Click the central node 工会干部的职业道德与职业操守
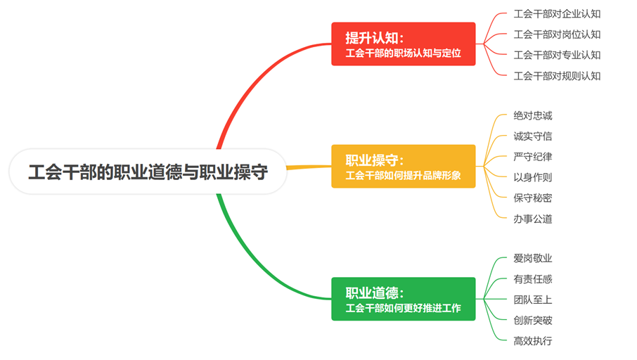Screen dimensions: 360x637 (x=148, y=172)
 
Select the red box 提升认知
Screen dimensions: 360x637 (x=403, y=44)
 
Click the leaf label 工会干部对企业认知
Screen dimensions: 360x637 (x=557, y=13)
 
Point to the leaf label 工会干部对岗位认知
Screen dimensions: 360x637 (x=557, y=34)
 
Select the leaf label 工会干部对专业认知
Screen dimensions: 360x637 (x=557, y=55)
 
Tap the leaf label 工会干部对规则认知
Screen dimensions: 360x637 (x=557, y=76)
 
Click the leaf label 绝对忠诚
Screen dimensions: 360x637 (x=533, y=115)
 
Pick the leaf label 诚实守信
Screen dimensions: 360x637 (x=533, y=136)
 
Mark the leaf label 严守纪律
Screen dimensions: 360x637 (x=533, y=157)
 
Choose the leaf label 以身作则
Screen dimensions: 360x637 (x=533, y=177)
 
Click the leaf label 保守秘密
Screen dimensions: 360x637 (x=533, y=198)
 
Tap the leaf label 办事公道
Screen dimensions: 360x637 (x=533, y=219)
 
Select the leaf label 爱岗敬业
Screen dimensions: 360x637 (x=533, y=258)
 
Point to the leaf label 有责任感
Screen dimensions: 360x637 (x=533, y=279)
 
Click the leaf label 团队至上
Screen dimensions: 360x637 (x=533, y=300)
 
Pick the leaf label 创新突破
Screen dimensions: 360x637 (x=533, y=321)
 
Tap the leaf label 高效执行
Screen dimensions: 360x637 (x=533, y=341)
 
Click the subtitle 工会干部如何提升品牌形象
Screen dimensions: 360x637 (x=404, y=175)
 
